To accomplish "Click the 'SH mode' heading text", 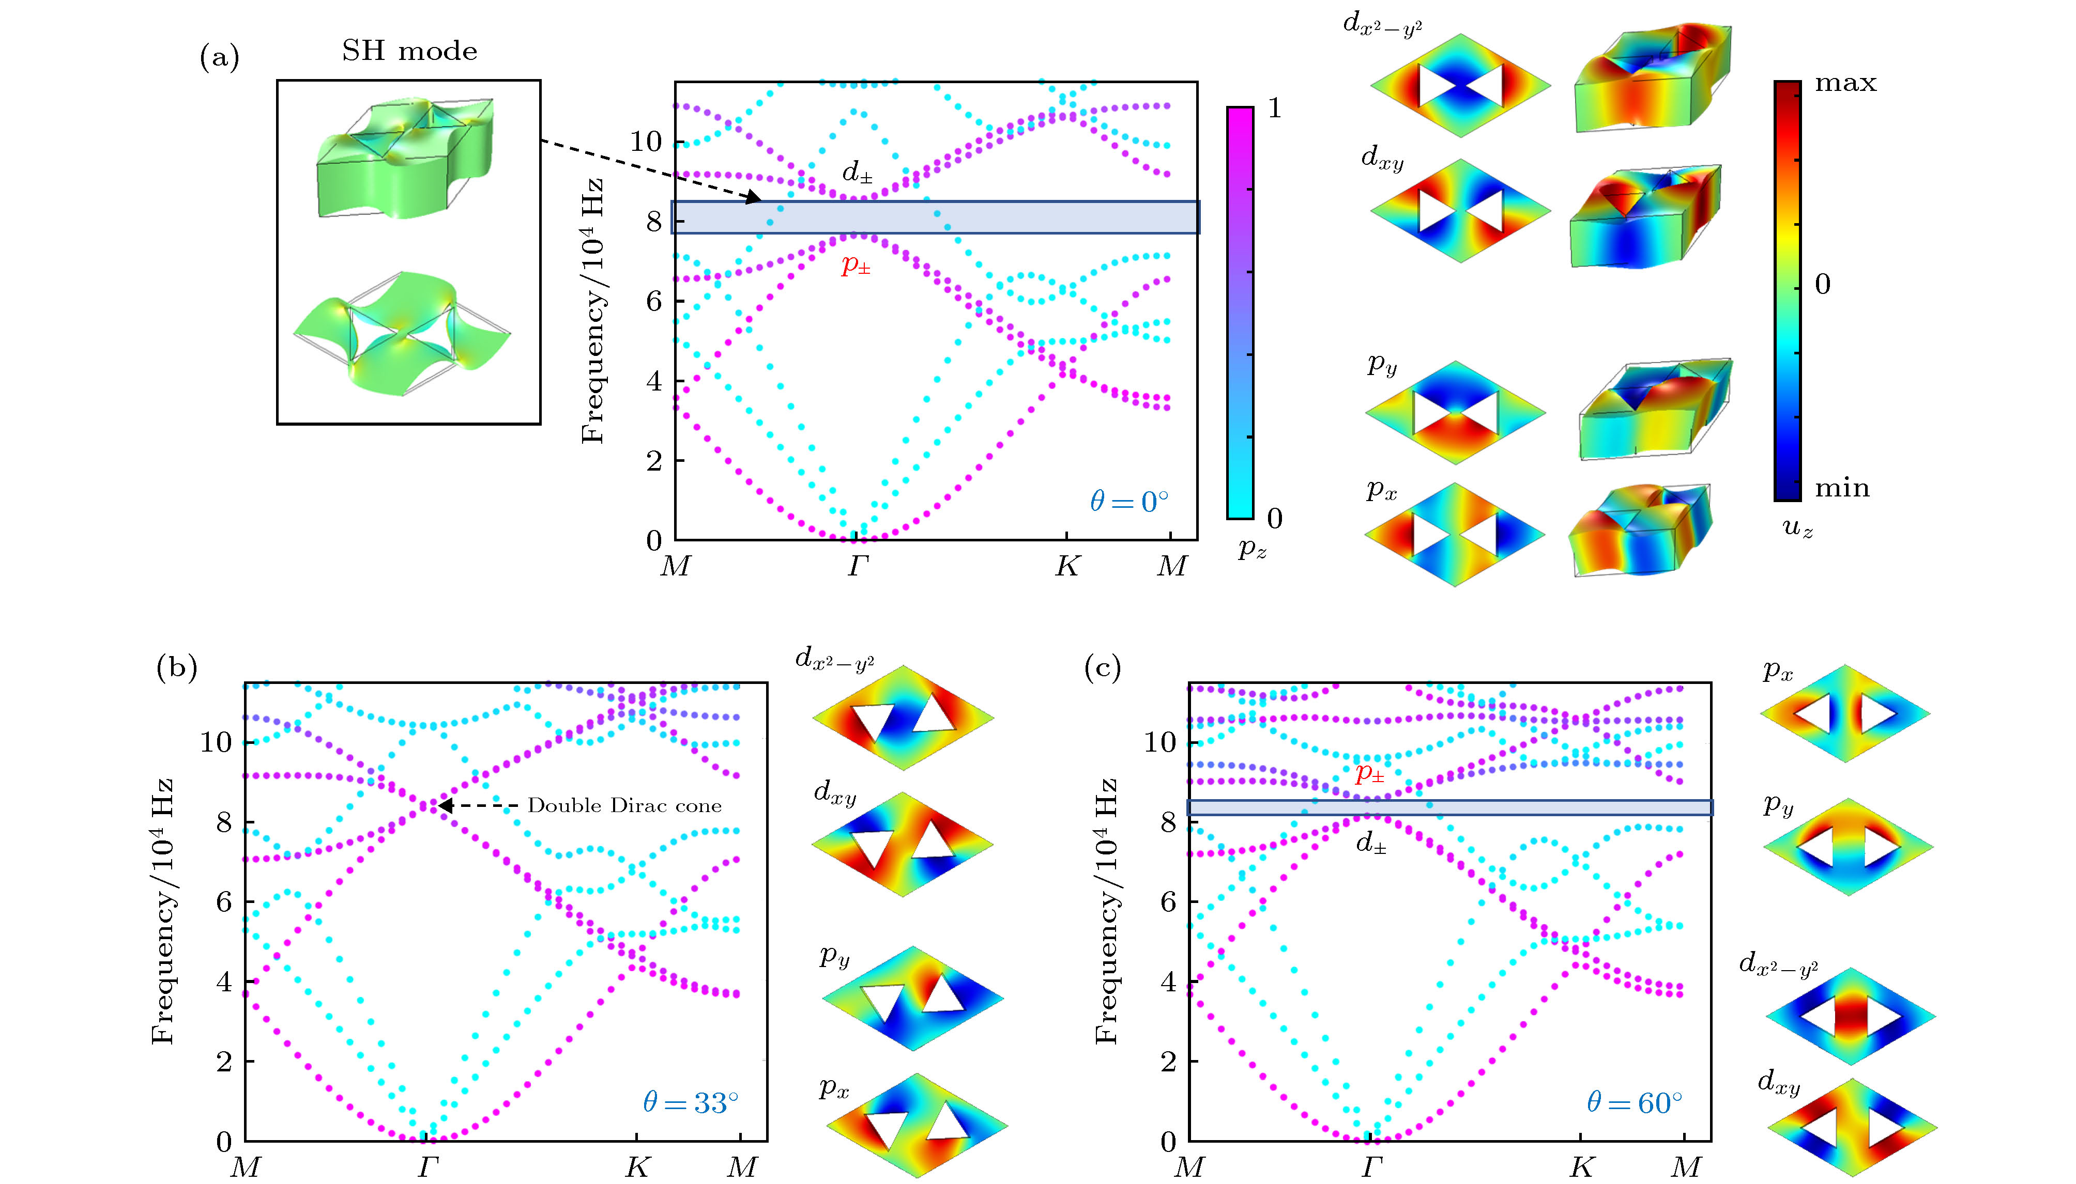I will (409, 51).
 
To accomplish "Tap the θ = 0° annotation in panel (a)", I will (1129, 502).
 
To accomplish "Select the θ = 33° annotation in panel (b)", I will (691, 1103).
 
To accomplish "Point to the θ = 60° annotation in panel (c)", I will (1634, 1103).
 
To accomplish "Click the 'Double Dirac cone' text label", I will (624, 806).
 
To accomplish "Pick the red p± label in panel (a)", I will (856, 265).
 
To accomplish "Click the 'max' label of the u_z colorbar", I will (1845, 84).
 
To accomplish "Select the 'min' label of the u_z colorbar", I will (1842, 488).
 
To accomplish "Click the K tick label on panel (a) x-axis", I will (1066, 566).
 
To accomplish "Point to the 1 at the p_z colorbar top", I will (1274, 108).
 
